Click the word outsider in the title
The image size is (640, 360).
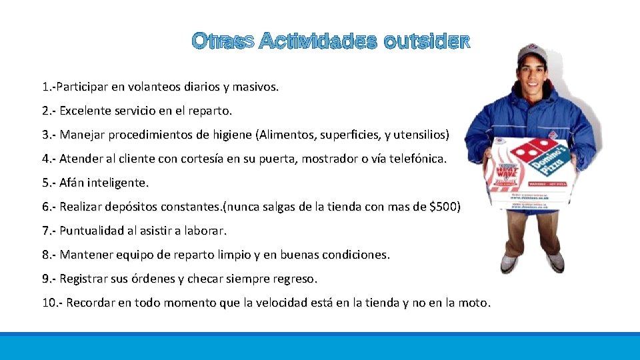[x=427, y=42]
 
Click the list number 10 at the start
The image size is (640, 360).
[x=49, y=303]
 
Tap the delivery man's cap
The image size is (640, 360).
[x=532, y=53]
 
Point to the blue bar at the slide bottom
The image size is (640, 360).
[x=320, y=346]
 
